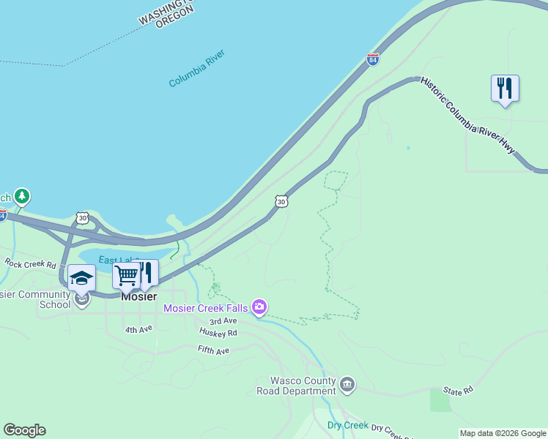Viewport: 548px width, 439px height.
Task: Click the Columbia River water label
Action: [197, 69]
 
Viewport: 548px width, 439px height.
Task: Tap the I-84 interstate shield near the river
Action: [373, 59]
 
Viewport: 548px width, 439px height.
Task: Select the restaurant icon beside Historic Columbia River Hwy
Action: [505, 89]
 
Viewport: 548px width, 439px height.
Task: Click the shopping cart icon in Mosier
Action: [126, 276]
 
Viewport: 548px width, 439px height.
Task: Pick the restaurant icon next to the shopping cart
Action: [147, 272]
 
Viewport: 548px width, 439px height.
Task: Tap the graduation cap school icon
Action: [81, 278]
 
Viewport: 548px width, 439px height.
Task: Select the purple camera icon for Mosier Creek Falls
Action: [258, 307]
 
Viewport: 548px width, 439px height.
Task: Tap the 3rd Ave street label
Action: [223, 321]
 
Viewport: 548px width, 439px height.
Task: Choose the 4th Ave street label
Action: [138, 330]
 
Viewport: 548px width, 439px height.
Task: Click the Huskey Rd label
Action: [218, 332]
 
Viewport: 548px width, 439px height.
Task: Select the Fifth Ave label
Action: [214, 350]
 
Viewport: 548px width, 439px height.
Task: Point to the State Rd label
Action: [458, 391]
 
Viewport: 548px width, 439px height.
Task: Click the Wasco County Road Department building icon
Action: [347, 383]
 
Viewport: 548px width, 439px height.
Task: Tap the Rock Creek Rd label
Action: [31, 263]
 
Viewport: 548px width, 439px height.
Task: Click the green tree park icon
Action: [23, 195]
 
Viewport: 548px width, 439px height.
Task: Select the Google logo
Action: [24, 430]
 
